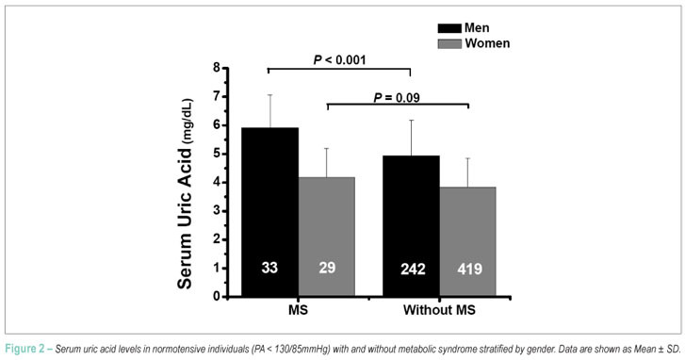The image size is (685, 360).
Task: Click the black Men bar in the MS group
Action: [270, 212]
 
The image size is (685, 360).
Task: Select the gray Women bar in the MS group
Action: [327, 237]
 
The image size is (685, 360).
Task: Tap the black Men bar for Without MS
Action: [411, 226]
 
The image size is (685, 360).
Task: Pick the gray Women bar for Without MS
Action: [468, 241]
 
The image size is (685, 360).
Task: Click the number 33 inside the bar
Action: [269, 268]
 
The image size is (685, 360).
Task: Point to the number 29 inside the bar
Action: [327, 268]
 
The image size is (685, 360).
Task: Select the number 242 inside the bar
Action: [413, 269]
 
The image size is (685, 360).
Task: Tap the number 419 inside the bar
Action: [469, 269]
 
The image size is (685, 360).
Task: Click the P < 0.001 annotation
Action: [339, 60]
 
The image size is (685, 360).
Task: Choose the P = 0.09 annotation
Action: [397, 97]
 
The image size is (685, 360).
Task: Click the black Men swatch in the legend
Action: [449, 28]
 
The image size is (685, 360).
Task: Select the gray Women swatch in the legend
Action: [449, 43]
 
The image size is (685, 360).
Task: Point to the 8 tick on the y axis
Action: [217, 68]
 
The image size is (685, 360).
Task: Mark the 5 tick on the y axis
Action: [217, 154]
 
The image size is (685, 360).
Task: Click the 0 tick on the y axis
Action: [217, 297]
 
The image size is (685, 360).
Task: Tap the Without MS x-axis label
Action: [439, 310]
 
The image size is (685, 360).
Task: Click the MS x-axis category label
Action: [298, 310]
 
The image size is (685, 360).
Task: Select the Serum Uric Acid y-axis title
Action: [186, 193]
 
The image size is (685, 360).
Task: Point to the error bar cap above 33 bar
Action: [270, 95]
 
